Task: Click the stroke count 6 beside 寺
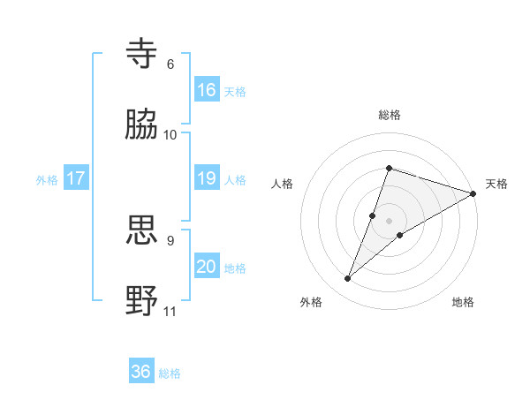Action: (x=170, y=64)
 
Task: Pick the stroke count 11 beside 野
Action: (x=170, y=311)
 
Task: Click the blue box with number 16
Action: (x=207, y=90)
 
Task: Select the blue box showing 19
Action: (x=207, y=178)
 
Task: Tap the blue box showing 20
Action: (x=207, y=267)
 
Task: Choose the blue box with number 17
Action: (x=76, y=178)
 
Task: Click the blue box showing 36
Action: (x=141, y=372)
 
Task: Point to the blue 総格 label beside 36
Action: (x=170, y=373)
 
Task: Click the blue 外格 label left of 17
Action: (x=47, y=180)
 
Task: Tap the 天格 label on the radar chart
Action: (x=496, y=184)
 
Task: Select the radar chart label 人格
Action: (x=283, y=184)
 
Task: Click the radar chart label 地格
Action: (x=463, y=302)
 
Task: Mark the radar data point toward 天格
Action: (x=473, y=193)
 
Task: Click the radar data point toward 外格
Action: (x=348, y=279)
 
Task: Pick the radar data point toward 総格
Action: (x=389, y=168)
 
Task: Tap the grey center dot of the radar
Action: (x=389, y=220)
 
